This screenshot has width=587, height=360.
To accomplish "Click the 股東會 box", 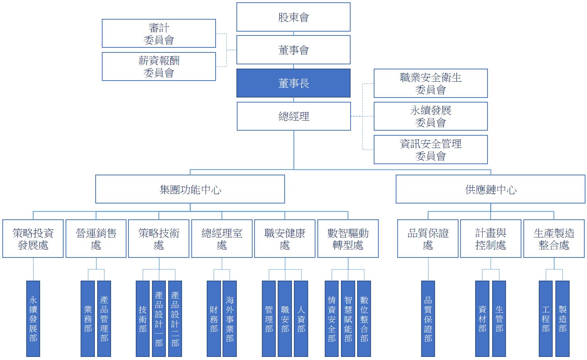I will pyautogui.click(x=293, y=17).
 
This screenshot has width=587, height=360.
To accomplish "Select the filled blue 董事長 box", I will pyautogui.click(x=293, y=83).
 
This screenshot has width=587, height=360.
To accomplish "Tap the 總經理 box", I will pyautogui.click(x=293, y=116).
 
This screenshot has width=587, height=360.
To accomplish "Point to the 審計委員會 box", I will pyautogui.click(x=159, y=34).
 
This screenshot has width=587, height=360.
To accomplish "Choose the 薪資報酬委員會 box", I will pyautogui.click(x=159, y=66).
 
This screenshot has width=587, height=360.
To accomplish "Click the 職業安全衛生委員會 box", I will pyautogui.click(x=430, y=83).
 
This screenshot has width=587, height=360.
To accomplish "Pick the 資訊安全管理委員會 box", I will pyautogui.click(x=430, y=150).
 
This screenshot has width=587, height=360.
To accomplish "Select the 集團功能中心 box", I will pyautogui.click(x=190, y=189).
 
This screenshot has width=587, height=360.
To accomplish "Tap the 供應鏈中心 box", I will pyautogui.click(x=490, y=189).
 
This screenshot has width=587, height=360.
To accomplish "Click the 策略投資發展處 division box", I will pyautogui.click(x=33, y=239).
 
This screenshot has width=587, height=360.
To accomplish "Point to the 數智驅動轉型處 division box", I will pyautogui.click(x=347, y=239).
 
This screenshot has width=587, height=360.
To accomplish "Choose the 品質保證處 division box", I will pyautogui.click(x=428, y=239).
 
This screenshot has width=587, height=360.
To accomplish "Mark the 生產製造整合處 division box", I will pyautogui.click(x=553, y=239).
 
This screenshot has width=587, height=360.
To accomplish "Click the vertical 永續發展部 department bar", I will pyautogui.click(x=33, y=318).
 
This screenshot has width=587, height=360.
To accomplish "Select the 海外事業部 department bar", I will pyautogui.click(x=229, y=318).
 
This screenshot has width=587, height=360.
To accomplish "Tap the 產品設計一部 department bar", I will pyautogui.click(x=159, y=318).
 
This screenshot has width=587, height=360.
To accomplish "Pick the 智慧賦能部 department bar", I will pyautogui.click(x=348, y=318).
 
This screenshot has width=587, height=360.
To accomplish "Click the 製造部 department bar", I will pyautogui.click(x=562, y=318).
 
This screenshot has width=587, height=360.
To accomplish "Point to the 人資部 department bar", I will pyautogui.click(x=301, y=318).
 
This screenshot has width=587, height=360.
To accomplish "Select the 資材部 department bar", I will pyautogui.click(x=482, y=318).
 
